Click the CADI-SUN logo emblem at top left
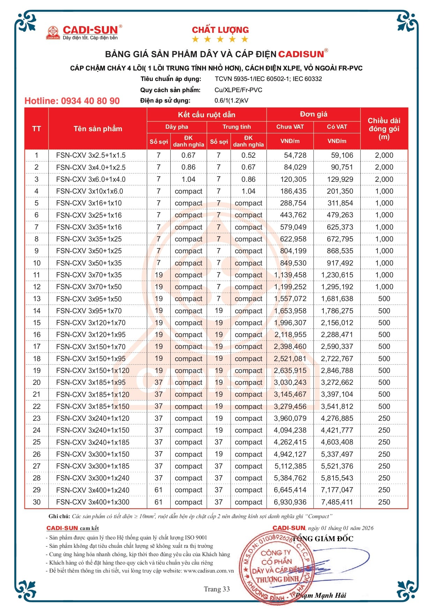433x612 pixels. pos(53,32)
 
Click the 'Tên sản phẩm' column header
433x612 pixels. pos(98,129)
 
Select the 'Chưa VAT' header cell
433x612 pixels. pos(290,127)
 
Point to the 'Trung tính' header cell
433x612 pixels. pos(237,127)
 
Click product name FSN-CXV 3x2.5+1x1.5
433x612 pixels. pos(91,155)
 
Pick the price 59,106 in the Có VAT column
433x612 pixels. pos(342,155)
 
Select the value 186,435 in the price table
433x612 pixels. pos(293,191)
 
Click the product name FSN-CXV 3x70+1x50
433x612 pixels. pos(89,287)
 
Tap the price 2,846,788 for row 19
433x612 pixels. pos(337,371)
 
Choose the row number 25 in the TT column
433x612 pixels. pos(37,442)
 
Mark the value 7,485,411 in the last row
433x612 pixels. pos(337,502)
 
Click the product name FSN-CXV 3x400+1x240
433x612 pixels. pos(92,490)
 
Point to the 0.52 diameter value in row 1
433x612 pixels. pos(248,155)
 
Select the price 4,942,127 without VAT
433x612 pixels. pos(290,454)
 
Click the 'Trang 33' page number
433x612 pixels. pos(217,589)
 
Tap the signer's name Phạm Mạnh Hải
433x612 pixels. pos(321,595)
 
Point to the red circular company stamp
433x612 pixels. pos(276,565)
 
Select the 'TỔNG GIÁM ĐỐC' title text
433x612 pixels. pos(323,539)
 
